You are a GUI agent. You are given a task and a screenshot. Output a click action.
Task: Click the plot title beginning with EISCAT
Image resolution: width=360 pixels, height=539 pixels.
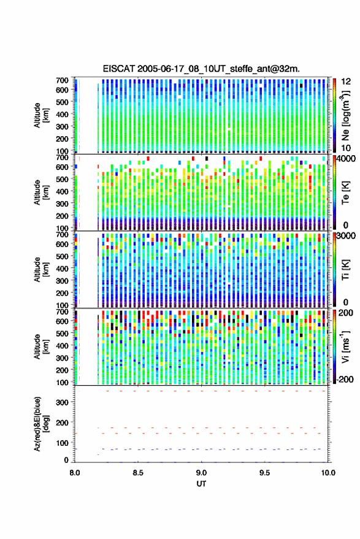point(201,69)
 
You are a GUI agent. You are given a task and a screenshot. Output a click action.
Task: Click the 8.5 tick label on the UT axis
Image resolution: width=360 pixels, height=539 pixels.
point(138,473)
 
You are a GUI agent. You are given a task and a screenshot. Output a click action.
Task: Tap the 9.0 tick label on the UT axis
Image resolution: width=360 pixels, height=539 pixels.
point(201,473)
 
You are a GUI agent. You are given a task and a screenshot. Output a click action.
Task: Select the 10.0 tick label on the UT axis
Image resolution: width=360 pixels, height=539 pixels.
point(328,473)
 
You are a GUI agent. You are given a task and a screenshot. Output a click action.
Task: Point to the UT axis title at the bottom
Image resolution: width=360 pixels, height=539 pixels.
point(201,484)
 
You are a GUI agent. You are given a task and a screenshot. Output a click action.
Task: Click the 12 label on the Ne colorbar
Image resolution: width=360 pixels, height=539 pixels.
point(346,82)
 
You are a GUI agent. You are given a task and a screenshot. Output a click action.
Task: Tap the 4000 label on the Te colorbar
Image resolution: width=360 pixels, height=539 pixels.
point(346,159)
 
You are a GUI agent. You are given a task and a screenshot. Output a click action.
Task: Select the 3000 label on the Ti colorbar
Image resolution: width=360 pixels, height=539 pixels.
point(346,236)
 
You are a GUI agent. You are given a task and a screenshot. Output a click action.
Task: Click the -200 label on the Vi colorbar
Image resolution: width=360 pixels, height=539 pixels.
point(345,379)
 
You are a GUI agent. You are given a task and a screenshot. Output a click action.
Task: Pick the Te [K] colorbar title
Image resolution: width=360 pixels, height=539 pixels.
point(345,193)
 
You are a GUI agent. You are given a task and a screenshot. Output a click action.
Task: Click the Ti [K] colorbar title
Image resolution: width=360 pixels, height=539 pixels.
point(345,270)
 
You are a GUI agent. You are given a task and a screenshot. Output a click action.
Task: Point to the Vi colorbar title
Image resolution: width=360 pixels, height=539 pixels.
point(345,347)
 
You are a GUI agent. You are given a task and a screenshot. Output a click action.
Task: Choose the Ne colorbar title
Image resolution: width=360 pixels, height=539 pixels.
point(345,116)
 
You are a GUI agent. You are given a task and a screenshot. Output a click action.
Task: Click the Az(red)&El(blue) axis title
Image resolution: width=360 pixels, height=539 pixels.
point(41,424)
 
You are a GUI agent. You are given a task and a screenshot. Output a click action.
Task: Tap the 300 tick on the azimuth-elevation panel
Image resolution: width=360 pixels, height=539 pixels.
point(62,402)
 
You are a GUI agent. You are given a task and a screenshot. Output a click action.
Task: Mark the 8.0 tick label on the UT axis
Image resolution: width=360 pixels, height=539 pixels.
point(75,473)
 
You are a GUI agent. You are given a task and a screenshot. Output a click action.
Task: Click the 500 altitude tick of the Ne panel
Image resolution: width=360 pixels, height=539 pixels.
point(62,102)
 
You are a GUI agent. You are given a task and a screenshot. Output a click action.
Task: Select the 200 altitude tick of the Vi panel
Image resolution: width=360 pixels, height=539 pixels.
point(62,370)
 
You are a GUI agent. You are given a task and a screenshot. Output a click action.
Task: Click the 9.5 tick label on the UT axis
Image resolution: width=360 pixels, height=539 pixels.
point(265,473)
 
